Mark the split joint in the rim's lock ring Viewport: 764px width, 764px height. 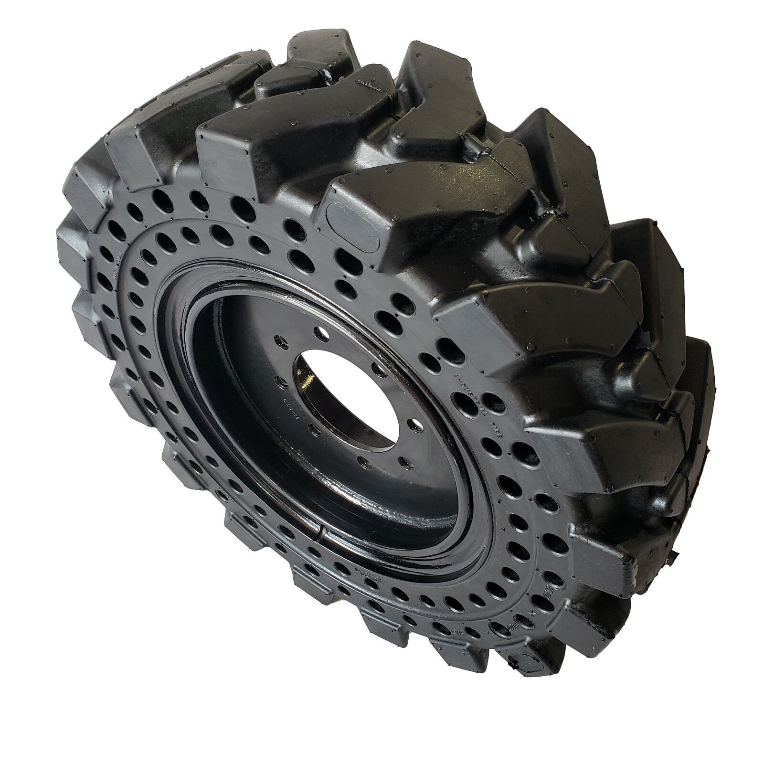(x=319, y=535)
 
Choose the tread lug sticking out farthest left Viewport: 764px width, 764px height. (x=67, y=234)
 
